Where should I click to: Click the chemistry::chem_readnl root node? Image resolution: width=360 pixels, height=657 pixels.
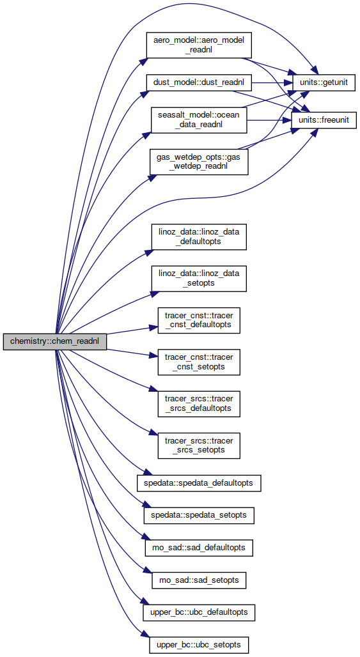click(x=54, y=341)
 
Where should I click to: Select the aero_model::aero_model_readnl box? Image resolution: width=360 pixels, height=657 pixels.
click(x=199, y=45)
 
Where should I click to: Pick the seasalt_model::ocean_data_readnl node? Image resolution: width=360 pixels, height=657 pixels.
click(x=199, y=120)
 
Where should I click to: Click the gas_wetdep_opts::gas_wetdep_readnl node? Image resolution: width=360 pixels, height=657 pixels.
click(x=199, y=162)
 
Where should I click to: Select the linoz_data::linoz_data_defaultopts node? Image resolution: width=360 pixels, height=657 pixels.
click(x=199, y=236)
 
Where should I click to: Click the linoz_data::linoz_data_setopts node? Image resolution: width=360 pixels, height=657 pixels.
click(x=199, y=279)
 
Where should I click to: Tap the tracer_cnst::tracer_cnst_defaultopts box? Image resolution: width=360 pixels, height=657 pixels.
click(x=199, y=321)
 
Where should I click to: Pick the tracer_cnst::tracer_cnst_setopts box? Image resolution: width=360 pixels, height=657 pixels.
click(x=199, y=362)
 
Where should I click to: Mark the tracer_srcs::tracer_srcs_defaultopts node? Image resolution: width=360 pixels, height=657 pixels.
click(x=199, y=404)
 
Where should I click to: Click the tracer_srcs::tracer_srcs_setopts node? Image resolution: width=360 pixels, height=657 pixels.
click(x=199, y=445)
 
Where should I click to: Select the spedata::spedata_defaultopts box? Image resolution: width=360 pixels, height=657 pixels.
click(x=199, y=483)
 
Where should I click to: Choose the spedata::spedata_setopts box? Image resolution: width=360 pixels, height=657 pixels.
click(x=199, y=515)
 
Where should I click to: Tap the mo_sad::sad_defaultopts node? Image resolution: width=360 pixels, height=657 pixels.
click(x=199, y=548)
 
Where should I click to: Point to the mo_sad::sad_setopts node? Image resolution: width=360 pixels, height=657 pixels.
click(x=199, y=580)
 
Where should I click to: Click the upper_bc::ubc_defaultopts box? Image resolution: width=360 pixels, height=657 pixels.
click(x=199, y=613)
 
